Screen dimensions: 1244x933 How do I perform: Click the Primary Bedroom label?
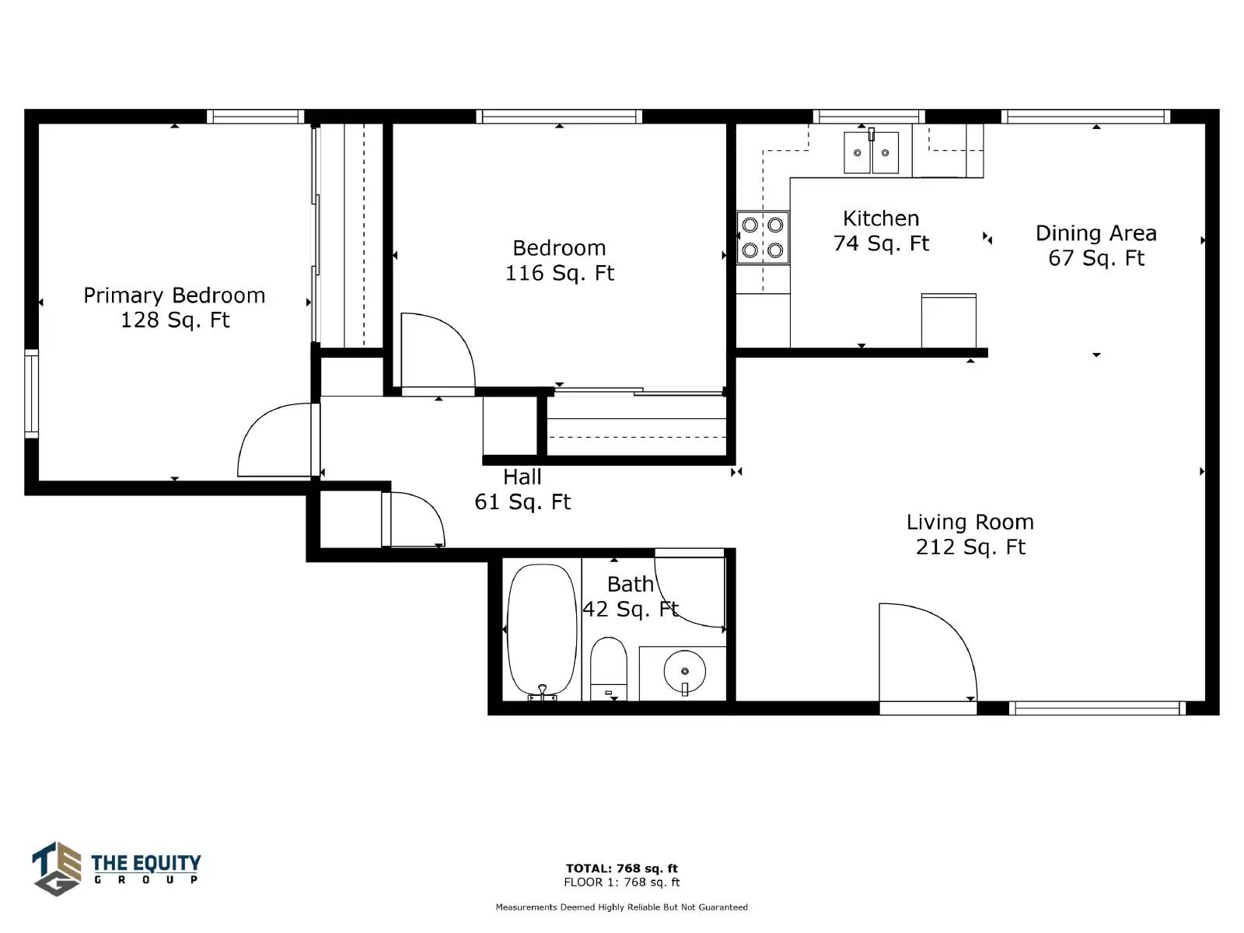click(x=174, y=295)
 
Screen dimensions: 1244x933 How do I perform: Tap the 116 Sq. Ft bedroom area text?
click(x=559, y=273)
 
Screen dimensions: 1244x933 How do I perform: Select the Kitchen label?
click(x=881, y=218)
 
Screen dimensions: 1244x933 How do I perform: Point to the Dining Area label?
click(x=1096, y=232)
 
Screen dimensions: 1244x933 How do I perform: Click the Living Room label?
click(x=970, y=522)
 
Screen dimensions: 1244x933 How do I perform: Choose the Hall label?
click(x=522, y=477)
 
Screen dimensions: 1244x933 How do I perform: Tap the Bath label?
click(x=631, y=584)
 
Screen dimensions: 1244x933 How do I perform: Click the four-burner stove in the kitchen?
click(x=763, y=238)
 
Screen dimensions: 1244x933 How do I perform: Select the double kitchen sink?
click(x=871, y=152)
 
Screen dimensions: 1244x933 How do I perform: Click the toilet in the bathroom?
click(x=609, y=669)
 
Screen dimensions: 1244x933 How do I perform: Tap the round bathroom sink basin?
click(x=685, y=671)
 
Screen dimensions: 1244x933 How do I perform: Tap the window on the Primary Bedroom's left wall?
click(x=32, y=393)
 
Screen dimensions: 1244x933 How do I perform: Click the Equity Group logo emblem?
click(x=57, y=868)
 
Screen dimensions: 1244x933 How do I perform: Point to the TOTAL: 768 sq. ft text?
click(x=622, y=868)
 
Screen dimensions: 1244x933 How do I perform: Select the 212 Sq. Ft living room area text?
click(x=970, y=547)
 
